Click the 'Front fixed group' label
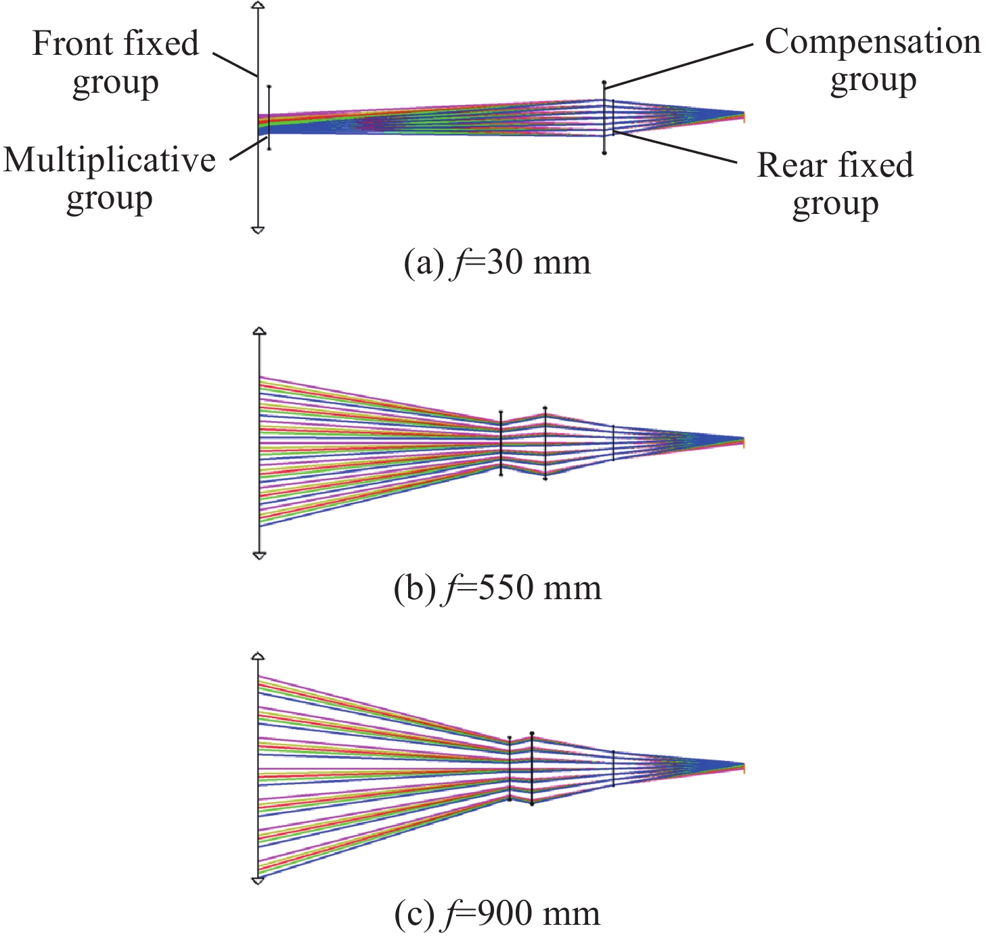[116, 62]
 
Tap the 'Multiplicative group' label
[110, 179]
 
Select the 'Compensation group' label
[872, 60]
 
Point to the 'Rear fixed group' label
[835, 183]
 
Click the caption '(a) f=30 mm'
[497, 263]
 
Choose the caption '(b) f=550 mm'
[497, 588]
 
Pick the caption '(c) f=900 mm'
[497, 914]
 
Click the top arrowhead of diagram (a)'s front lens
[257, 5]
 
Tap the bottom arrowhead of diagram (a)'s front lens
[257, 230]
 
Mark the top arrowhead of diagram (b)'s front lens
[259, 331]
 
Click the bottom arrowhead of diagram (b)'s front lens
[259, 556]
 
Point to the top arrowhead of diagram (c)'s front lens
[258, 656]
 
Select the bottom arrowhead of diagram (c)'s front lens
[258, 881]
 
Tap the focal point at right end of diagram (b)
[743, 442]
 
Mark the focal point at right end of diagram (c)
[743, 768]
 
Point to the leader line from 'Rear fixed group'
[677, 148]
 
